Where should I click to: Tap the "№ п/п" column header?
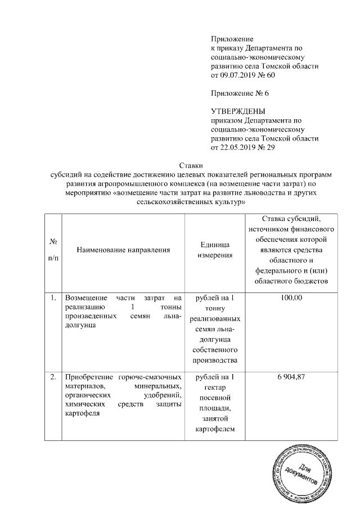coord(55,249)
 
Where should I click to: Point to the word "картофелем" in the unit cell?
coord(215,430)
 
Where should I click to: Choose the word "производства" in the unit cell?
coord(215,361)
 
